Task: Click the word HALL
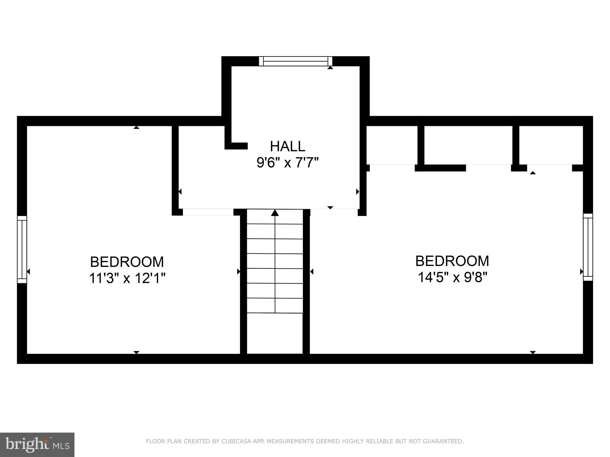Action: click(x=287, y=146)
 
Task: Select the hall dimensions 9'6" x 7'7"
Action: click(x=287, y=163)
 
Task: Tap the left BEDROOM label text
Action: click(x=127, y=262)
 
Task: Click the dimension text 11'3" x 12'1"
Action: click(x=127, y=278)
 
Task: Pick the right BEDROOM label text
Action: click(x=452, y=261)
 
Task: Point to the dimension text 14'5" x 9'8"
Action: click(x=452, y=278)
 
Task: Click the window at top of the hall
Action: click(x=295, y=61)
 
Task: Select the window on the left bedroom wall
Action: click(x=22, y=249)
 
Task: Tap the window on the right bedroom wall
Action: click(x=588, y=247)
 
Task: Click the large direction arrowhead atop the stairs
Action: click(x=275, y=213)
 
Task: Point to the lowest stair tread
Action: click(x=275, y=306)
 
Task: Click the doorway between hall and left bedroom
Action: click(x=208, y=212)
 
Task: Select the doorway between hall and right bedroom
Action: click(x=334, y=212)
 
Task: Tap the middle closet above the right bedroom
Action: click(x=468, y=145)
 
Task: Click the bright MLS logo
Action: click(x=37, y=445)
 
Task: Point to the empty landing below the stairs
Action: click(x=275, y=333)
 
